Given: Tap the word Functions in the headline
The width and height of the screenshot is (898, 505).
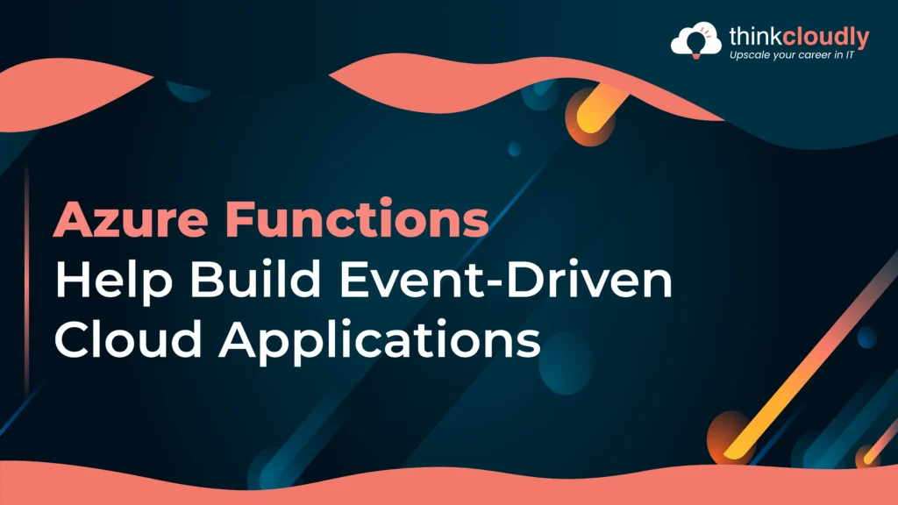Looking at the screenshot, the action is (x=356, y=218).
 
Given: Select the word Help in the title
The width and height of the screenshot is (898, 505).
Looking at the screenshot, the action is (x=113, y=282).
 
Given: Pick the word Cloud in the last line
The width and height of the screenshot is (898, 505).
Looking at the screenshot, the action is (x=128, y=338).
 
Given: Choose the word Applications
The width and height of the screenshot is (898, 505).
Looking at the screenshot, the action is (x=380, y=341).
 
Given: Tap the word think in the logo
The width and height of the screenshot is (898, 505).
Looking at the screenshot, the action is (x=755, y=37).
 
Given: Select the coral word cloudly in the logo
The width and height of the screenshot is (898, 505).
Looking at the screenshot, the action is (x=826, y=38).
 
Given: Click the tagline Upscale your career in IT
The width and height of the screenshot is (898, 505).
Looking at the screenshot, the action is (x=792, y=55).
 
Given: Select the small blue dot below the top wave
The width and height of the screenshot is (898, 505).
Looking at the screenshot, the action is (x=514, y=149).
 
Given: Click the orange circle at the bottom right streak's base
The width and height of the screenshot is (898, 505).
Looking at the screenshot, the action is (x=729, y=438).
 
